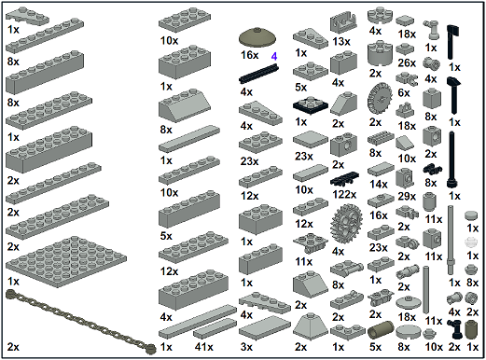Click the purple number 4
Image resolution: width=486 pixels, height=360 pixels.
274,57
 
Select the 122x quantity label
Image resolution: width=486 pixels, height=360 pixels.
344,195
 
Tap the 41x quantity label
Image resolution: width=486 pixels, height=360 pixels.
204,347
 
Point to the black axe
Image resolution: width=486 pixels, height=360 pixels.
453,42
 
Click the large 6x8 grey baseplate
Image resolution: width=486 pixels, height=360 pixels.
66,261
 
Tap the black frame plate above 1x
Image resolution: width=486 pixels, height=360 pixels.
311,105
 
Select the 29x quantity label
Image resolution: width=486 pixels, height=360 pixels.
407,197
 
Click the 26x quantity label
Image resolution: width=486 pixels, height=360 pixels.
407,63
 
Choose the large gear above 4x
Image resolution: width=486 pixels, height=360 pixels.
346,224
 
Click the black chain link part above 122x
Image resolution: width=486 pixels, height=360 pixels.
345,179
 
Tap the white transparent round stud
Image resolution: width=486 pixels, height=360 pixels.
471,242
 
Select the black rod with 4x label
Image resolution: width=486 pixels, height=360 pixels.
258,74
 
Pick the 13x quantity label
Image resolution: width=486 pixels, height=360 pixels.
341,42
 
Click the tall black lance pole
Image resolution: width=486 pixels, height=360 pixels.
451,159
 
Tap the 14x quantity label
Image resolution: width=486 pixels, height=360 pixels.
379,184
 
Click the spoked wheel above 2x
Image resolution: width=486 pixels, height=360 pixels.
380,100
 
